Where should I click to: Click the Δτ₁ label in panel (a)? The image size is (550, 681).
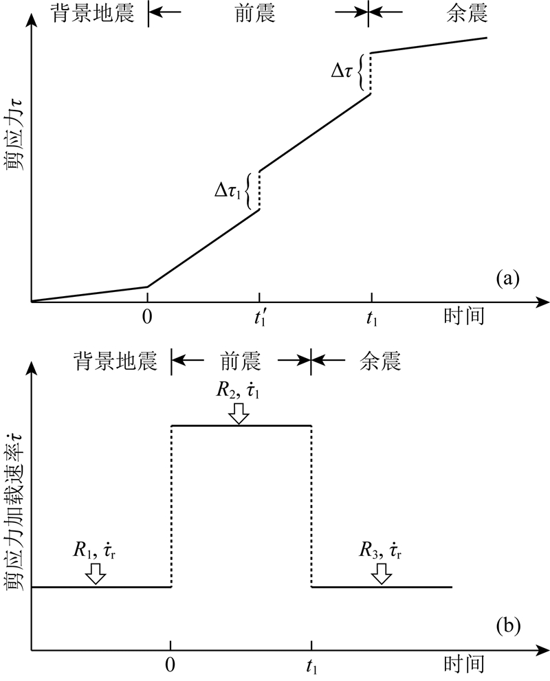coord(229,191)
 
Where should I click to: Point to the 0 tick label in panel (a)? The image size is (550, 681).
coord(147,317)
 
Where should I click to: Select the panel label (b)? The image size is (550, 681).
coord(507,626)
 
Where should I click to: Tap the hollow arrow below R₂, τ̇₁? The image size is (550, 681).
coord(239,413)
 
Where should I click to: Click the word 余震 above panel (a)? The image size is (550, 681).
coord(454,14)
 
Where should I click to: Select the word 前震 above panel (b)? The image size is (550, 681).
coord(240,361)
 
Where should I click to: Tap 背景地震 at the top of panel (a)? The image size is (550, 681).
coord(86,14)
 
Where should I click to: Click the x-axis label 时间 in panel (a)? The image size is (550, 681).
coord(465,317)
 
